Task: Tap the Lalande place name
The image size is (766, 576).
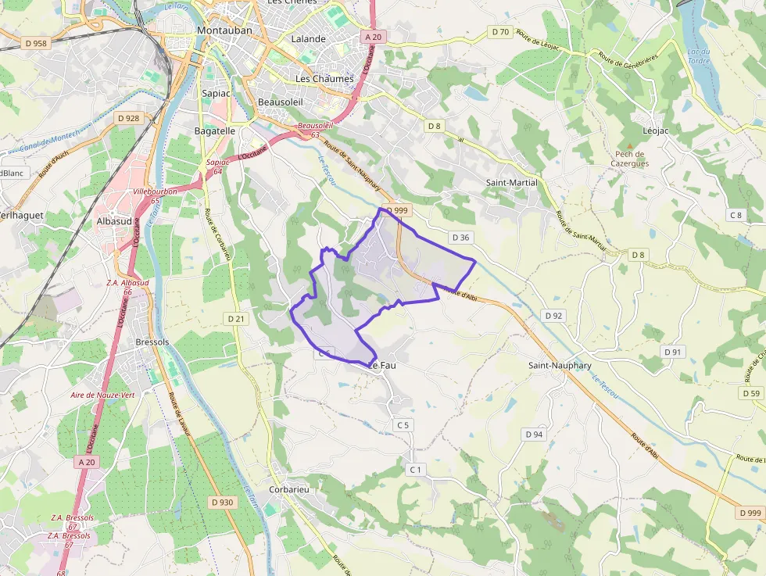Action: click(308, 38)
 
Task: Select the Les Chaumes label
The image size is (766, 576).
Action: click(324, 79)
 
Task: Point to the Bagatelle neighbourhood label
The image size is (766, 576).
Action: click(214, 131)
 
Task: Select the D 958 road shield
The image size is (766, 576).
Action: click(36, 44)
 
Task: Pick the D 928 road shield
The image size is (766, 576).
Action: click(127, 118)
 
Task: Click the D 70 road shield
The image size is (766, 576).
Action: click(500, 32)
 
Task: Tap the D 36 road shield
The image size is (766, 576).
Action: click(460, 237)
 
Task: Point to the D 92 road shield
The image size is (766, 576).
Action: click(553, 315)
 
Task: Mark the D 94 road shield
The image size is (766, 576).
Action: click(534, 434)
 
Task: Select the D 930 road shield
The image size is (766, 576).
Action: click(222, 502)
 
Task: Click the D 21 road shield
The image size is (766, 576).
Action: click(235, 318)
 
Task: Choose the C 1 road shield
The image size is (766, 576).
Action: click(415, 469)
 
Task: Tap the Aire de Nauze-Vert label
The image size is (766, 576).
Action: click(102, 395)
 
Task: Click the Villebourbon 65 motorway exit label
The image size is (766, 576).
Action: click(156, 195)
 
